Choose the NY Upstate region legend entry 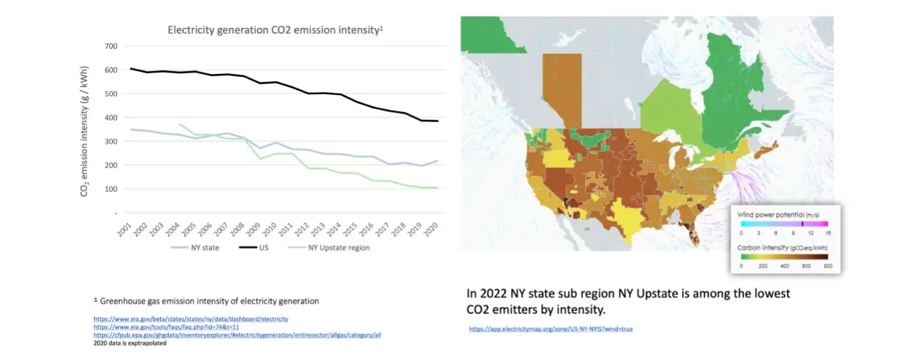pyautogui.click(x=339, y=248)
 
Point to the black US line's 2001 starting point pyautogui.click(x=131, y=69)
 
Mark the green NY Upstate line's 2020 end pyautogui.click(x=437, y=188)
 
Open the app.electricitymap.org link pyautogui.click(x=551, y=328)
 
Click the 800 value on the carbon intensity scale pyautogui.click(x=827, y=265)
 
